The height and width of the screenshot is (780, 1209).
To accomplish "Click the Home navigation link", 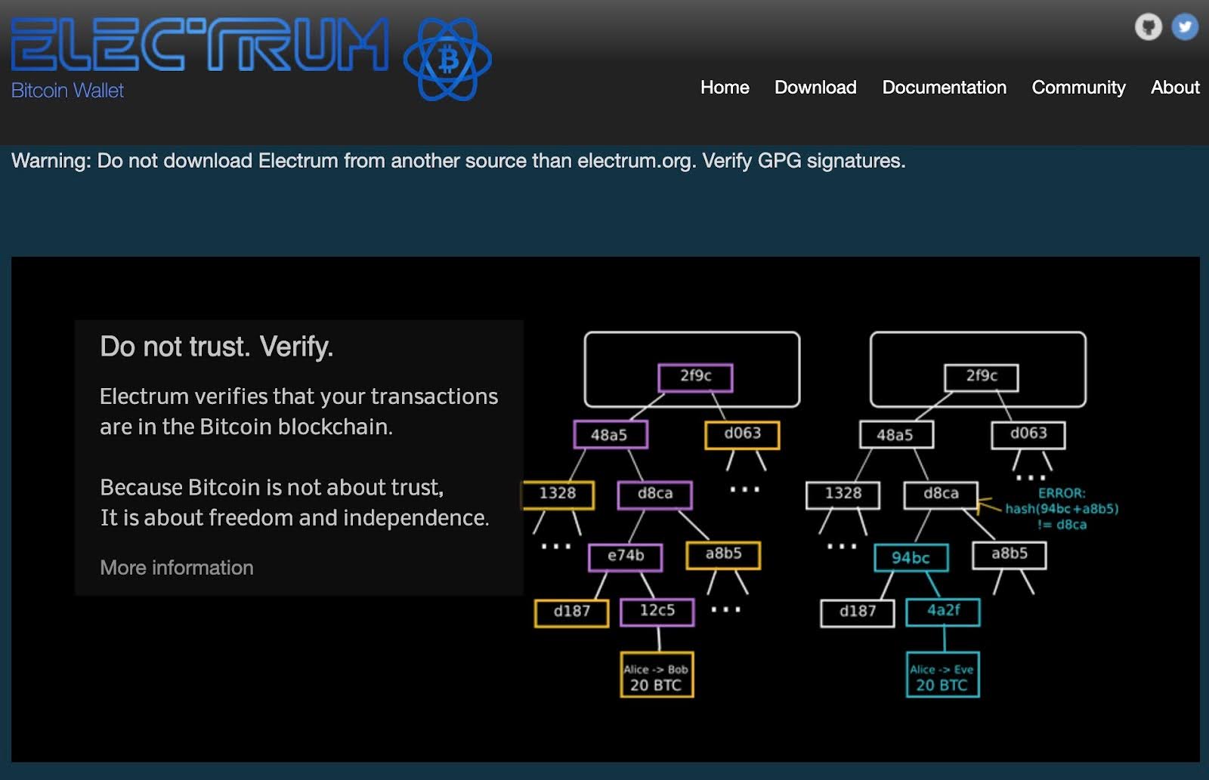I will [724, 88].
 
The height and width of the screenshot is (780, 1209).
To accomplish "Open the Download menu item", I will [815, 88].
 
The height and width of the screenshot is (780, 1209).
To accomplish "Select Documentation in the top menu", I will [944, 88].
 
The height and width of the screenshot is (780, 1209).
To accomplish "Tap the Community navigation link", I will [1078, 88].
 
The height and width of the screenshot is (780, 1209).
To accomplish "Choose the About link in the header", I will [1174, 88].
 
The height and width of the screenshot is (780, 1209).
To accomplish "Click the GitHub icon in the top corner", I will [1148, 27].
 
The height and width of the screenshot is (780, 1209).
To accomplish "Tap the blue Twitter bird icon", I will [1184, 27].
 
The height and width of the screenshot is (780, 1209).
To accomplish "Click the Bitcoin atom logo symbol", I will [448, 60].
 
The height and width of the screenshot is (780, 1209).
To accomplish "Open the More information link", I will [177, 568].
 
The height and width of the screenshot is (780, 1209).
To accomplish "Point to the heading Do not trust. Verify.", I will [216, 347].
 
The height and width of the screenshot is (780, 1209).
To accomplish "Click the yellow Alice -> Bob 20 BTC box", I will [656, 675].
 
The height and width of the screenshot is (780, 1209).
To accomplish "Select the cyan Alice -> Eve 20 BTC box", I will [942, 675].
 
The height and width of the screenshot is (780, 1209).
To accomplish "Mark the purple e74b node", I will [626, 556].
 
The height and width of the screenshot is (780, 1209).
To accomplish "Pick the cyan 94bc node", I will [911, 558].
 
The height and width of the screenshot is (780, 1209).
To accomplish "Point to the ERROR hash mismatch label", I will [1061, 509].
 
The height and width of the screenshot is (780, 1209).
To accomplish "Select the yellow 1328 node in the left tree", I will [558, 494].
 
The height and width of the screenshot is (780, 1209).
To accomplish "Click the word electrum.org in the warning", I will [634, 161].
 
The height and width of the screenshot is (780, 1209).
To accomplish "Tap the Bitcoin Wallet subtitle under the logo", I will [67, 91].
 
